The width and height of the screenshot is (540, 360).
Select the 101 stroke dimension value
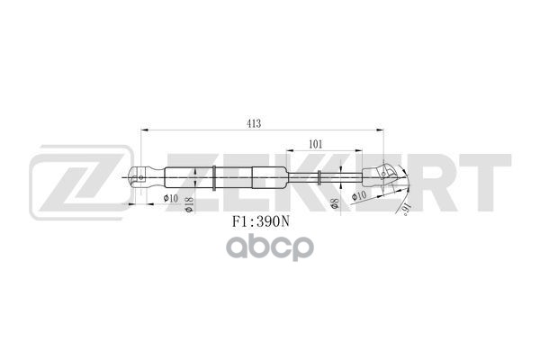click(x=316, y=143)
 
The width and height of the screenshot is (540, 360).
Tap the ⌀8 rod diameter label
click(x=334, y=204)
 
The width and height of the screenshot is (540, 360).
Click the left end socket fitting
click(x=144, y=177)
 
